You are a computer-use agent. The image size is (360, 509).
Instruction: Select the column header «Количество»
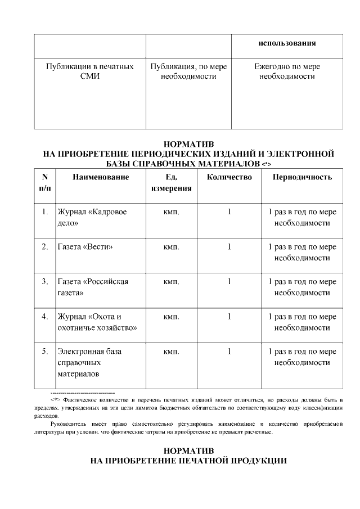coord(229,177)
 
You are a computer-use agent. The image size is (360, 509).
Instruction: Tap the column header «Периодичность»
coord(302,177)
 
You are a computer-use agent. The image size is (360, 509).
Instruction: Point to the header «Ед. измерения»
coord(171,183)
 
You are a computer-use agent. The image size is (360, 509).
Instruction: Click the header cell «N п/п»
coord(44,183)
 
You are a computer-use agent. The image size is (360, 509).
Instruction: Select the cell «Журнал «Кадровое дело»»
coord(92,218)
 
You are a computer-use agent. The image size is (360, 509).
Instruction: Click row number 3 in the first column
coord(44,282)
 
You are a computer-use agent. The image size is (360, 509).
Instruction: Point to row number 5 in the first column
coord(44,352)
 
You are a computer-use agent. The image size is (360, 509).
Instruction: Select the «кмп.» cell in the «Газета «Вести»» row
coord(171,247)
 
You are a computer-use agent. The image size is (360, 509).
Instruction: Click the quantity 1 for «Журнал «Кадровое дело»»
coord(229,212)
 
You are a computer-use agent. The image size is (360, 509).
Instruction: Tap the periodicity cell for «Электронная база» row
coord(302,357)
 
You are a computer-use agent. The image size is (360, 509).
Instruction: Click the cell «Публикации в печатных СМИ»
coord(89,71)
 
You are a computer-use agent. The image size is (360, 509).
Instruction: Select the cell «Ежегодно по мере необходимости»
coord(287,71)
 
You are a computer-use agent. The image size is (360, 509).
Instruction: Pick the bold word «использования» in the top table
coord(287,43)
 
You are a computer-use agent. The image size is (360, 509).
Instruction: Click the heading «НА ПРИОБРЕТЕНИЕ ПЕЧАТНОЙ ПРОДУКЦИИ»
coord(189,461)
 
